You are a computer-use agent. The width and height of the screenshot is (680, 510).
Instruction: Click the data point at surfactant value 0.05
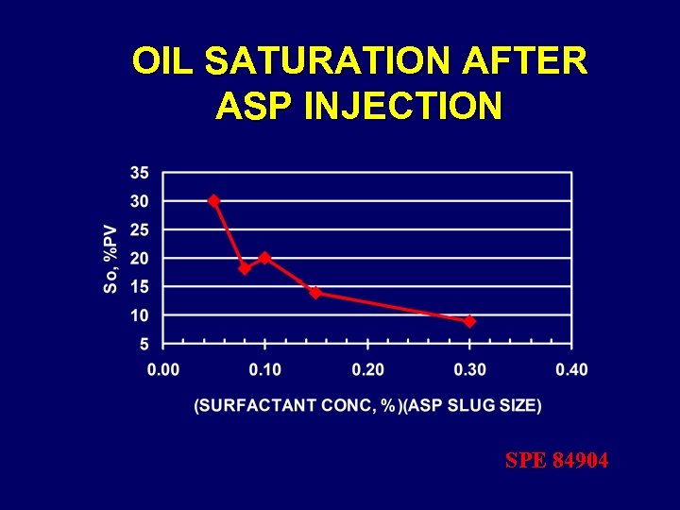point(213,200)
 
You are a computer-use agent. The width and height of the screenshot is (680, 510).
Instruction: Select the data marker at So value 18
point(245,268)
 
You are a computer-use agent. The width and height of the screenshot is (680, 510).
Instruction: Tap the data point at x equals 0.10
point(264,257)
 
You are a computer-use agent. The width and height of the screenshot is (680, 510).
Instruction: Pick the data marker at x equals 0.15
point(315,292)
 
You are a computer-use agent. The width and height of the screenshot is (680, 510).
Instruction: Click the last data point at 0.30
point(469,321)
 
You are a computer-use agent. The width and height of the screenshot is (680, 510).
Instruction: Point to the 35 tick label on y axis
point(139,173)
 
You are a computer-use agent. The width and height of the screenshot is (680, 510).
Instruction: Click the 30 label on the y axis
point(139,201)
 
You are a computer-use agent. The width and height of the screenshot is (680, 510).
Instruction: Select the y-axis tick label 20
point(139,258)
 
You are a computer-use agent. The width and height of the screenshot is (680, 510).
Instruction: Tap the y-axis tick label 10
point(139,314)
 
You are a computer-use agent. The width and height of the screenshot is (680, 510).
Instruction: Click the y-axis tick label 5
point(144,343)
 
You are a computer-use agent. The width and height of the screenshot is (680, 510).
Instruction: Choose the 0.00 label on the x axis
point(162,368)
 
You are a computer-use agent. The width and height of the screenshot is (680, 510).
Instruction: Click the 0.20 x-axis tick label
point(367,368)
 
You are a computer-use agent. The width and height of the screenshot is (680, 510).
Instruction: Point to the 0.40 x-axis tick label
point(571,368)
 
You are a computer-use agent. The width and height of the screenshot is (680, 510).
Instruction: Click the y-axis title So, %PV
point(111,257)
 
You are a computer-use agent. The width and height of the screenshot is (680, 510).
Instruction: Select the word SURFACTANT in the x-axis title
point(252,406)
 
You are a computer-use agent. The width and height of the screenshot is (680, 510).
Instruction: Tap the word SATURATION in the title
point(329,62)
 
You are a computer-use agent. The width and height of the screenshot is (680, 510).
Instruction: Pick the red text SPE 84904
point(556,461)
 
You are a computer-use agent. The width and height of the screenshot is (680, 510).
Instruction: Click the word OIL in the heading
point(163,62)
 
